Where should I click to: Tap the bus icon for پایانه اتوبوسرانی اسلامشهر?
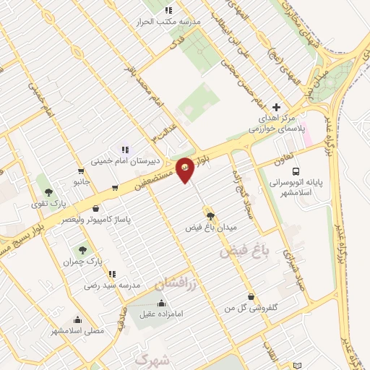(x=296, y=171)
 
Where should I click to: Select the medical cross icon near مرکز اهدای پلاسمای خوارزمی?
(x=276, y=107)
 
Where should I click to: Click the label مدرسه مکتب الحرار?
(x=168, y=22)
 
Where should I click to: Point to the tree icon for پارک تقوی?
(x=48, y=192)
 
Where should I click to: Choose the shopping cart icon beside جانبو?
(x=115, y=188)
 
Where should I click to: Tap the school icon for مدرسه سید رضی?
(x=112, y=274)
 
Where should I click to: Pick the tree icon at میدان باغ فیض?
(x=210, y=215)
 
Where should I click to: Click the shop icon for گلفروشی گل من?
(x=250, y=296)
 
